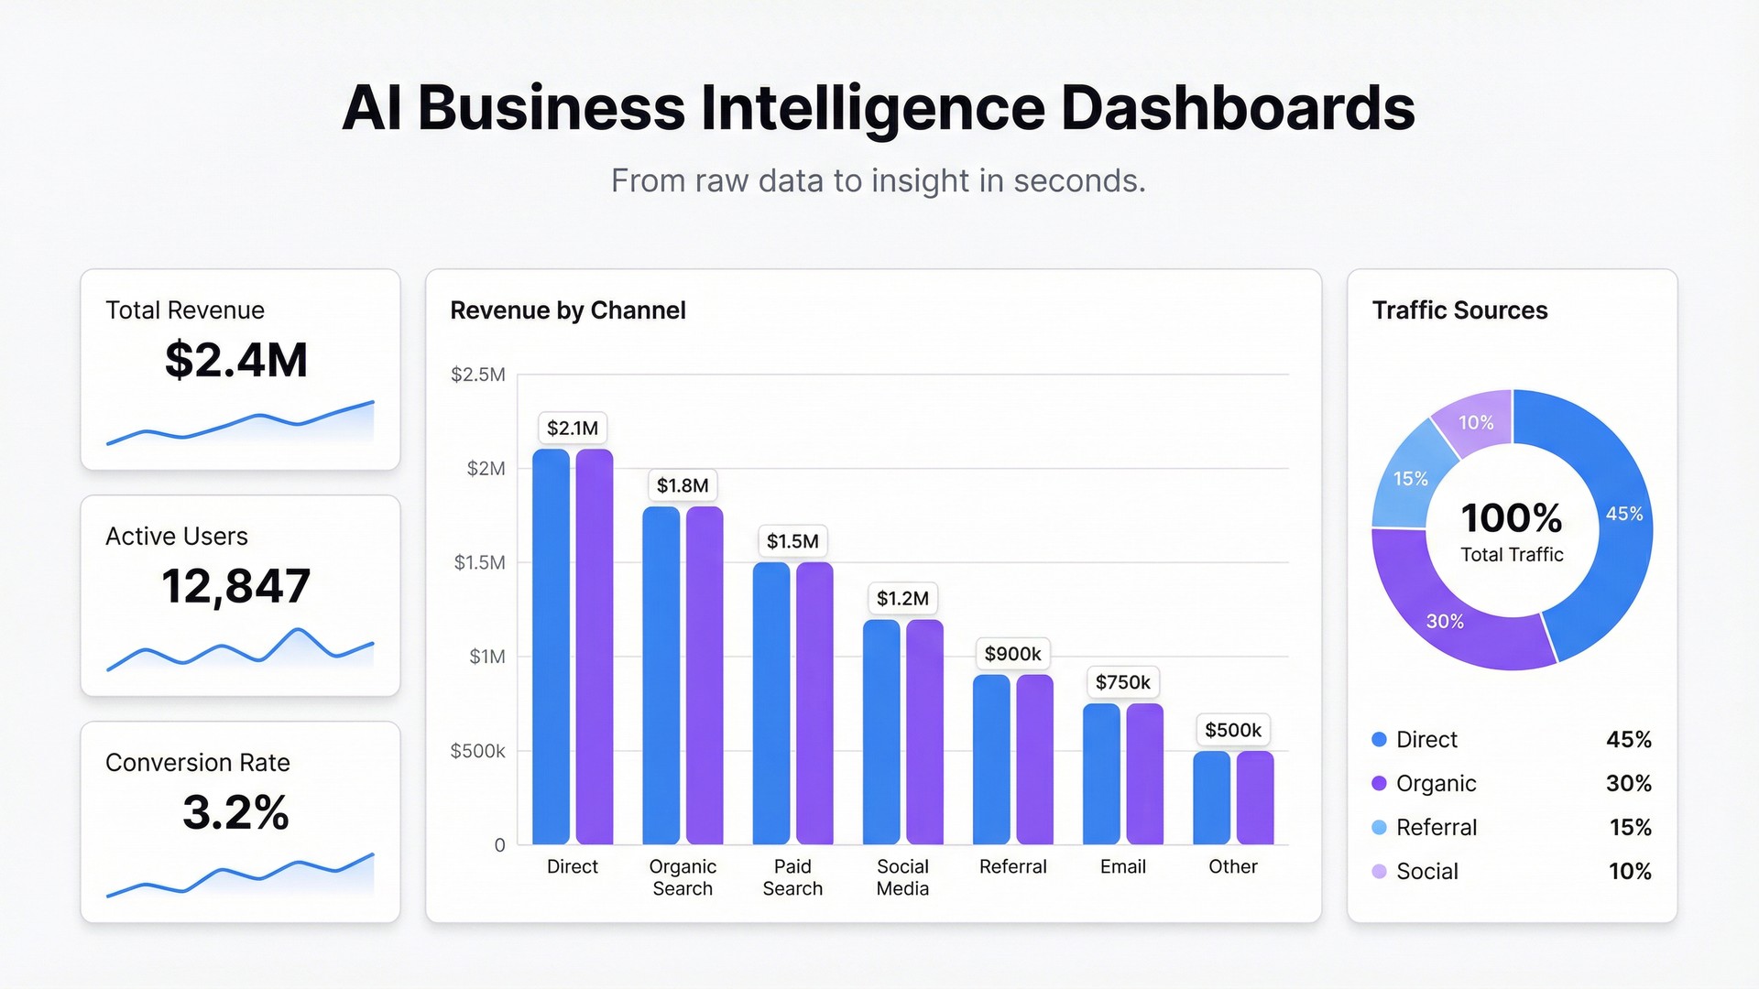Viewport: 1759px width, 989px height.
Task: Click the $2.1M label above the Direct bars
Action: (x=573, y=428)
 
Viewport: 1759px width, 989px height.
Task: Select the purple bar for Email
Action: (x=1144, y=774)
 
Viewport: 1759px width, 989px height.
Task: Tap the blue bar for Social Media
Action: (x=881, y=733)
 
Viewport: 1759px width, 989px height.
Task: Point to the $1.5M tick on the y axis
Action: (x=480, y=562)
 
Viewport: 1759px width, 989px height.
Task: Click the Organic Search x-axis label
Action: (x=683, y=877)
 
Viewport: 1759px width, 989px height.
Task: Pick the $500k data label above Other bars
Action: (x=1233, y=730)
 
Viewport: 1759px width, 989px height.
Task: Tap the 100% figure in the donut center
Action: (x=1512, y=518)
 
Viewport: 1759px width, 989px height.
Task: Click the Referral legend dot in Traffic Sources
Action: (x=1379, y=827)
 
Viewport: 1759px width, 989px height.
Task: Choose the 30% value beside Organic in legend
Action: (x=1628, y=783)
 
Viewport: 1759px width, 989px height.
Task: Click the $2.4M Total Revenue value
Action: (x=236, y=360)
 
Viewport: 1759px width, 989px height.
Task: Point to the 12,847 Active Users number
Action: (x=236, y=586)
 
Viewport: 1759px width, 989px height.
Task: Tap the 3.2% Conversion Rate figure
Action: (x=236, y=812)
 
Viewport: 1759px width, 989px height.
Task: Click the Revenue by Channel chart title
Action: (x=568, y=310)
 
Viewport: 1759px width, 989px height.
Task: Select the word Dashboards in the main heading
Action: (x=1238, y=108)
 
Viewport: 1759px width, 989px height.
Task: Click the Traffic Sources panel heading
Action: (x=1459, y=310)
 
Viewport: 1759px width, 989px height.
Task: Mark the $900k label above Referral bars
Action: (x=1012, y=654)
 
